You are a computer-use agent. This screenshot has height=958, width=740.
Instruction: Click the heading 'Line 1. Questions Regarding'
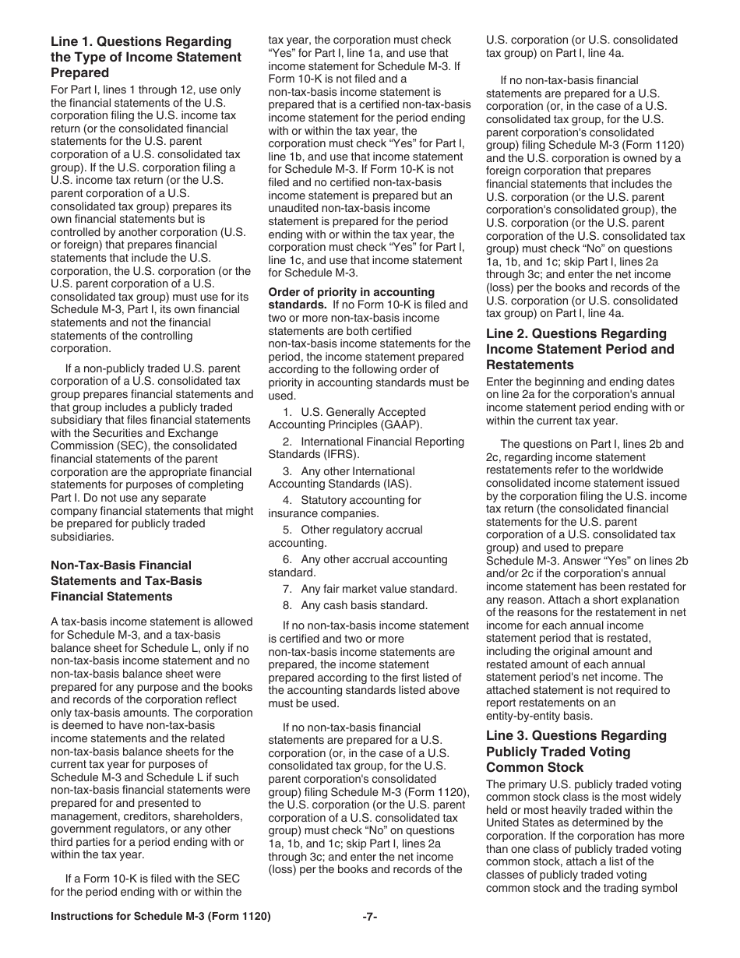(141, 42)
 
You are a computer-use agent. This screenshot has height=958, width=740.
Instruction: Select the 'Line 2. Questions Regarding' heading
(576, 334)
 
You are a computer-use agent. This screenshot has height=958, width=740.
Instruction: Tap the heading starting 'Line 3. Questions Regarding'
(576, 736)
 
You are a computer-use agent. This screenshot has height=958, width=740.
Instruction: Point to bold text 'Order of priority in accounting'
(351, 292)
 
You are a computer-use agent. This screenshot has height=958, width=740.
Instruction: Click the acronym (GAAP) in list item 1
(399, 425)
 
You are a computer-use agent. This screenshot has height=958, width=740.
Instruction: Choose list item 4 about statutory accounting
(351, 507)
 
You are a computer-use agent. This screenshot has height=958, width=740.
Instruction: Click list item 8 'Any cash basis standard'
(354, 605)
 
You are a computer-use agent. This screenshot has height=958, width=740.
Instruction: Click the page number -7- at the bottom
(370, 917)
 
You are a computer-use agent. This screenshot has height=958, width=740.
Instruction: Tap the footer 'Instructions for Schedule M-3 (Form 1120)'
(160, 917)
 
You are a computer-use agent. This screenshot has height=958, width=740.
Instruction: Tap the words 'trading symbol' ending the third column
(643, 888)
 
